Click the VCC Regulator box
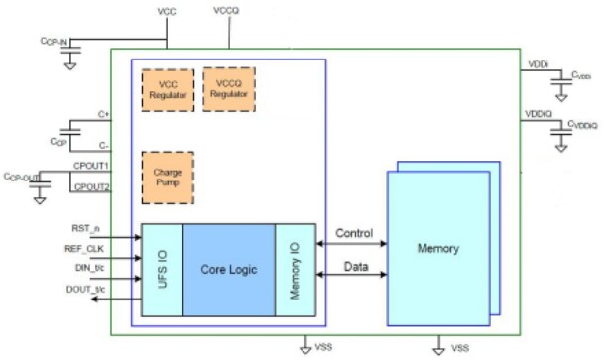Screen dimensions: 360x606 [167, 90]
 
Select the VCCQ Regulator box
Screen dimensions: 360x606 [228, 89]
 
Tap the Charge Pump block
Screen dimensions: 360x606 [167, 177]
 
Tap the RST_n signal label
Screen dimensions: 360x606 [87, 228]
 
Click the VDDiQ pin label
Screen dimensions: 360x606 [538, 114]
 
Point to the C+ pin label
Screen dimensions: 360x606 [103, 116]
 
